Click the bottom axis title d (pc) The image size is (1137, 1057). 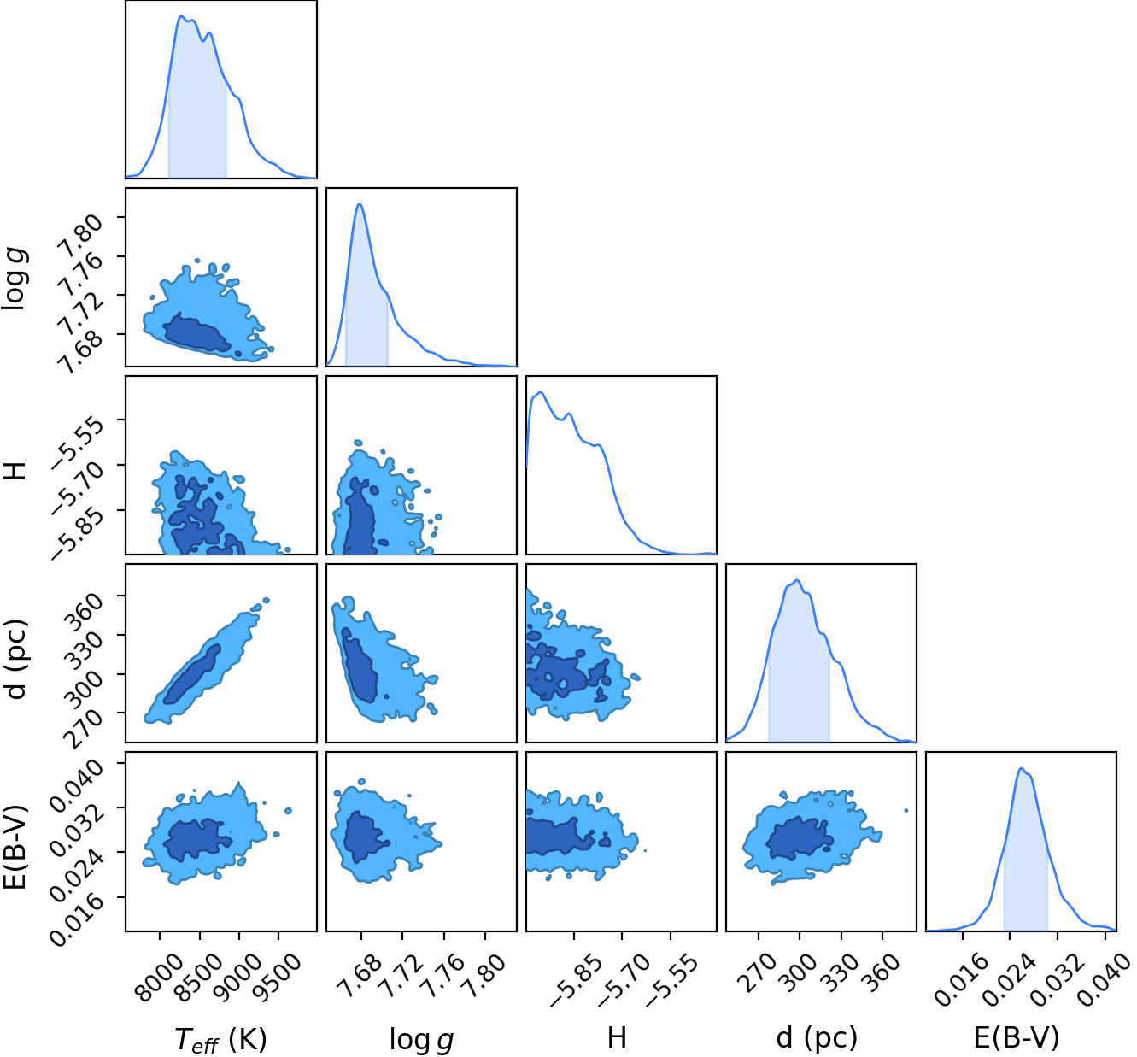coord(817,1037)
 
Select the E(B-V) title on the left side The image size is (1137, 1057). coord(16,848)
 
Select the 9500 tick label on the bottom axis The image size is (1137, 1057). coord(282,978)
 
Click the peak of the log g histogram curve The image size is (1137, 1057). coord(360,204)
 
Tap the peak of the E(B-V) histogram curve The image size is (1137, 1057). coord(1020,768)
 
